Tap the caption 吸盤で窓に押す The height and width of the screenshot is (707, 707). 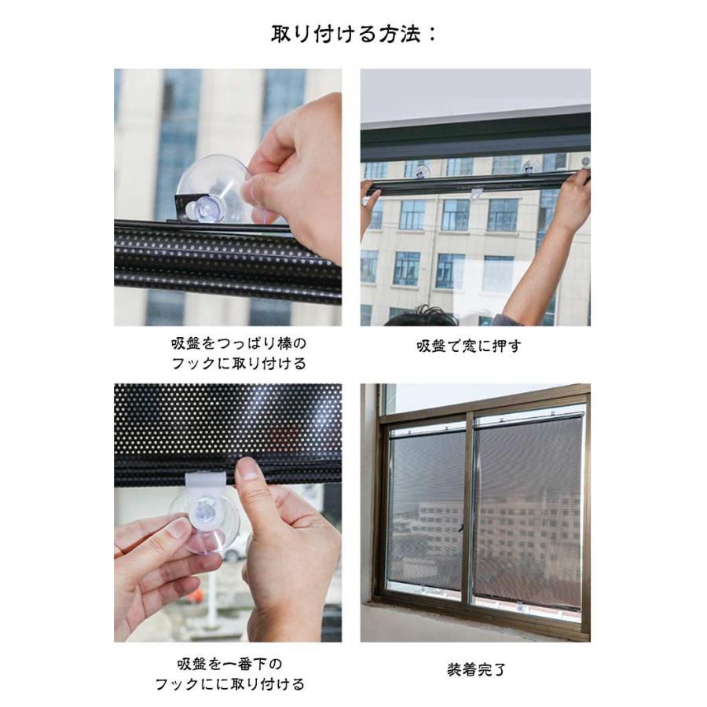point(469,346)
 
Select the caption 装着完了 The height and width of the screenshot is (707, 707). point(476,669)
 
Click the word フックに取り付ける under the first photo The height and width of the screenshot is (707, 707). point(239,364)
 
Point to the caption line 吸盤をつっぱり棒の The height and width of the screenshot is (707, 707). point(239,343)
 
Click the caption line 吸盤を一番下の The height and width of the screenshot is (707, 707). point(229,664)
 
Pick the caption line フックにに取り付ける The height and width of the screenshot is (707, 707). point(230,684)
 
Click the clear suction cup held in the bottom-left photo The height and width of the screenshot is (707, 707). point(205,523)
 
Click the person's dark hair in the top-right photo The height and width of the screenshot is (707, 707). point(422,316)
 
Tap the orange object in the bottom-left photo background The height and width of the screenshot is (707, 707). point(193,596)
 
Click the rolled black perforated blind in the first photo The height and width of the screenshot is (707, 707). point(228,262)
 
